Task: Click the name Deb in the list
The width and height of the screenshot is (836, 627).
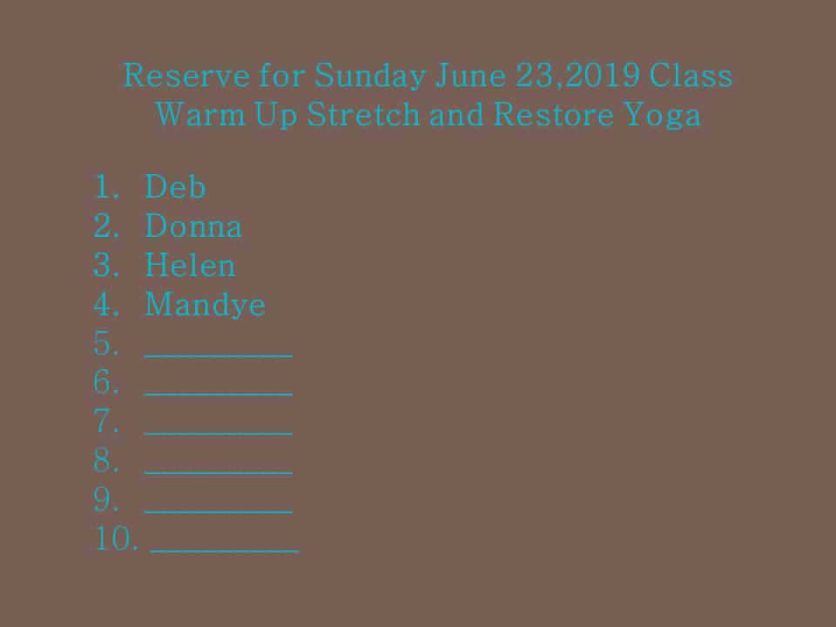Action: pyautogui.click(x=175, y=186)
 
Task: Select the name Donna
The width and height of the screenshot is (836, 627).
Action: pyautogui.click(x=193, y=226)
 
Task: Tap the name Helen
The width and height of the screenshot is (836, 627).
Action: pyautogui.click(x=190, y=265)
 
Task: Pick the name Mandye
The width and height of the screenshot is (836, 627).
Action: pyautogui.click(x=206, y=305)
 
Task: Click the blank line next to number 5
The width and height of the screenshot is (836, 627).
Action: pyautogui.click(x=219, y=355)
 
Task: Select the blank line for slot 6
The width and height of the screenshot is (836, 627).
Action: pyautogui.click(x=219, y=394)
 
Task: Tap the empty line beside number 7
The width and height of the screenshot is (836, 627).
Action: pyautogui.click(x=219, y=434)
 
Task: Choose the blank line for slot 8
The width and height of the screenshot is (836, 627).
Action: pyautogui.click(x=219, y=472)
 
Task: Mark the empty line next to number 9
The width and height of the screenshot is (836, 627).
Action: pyautogui.click(x=219, y=512)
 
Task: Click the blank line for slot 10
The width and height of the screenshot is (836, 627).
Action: pyautogui.click(x=225, y=550)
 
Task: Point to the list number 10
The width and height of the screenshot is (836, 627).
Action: pyautogui.click(x=116, y=538)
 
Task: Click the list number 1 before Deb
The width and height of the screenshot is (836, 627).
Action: pyautogui.click(x=106, y=186)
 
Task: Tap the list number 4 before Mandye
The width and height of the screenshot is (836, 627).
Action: pyautogui.click(x=106, y=304)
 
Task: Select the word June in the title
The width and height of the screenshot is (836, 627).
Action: pyautogui.click(x=470, y=75)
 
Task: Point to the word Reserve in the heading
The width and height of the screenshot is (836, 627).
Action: pyautogui.click(x=186, y=75)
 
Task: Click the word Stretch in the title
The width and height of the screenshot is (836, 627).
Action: pyautogui.click(x=364, y=114)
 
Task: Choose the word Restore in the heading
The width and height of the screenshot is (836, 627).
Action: pyautogui.click(x=554, y=114)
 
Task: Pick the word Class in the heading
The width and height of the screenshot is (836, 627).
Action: pyautogui.click(x=691, y=75)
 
